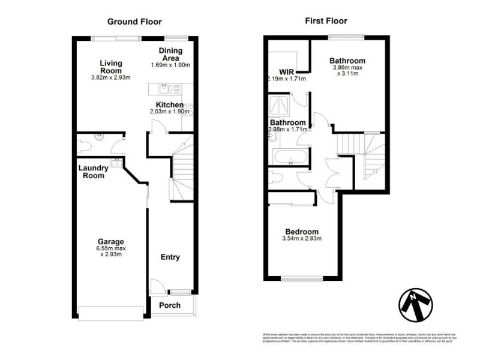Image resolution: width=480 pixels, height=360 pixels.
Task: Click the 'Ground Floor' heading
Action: point(134,22)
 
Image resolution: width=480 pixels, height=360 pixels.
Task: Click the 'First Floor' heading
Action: point(325,22)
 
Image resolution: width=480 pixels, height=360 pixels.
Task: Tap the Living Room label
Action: point(111,67)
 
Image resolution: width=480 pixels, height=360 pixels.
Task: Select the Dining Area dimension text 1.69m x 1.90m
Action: point(170,65)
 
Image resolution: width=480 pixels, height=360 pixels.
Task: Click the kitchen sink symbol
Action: point(164,90)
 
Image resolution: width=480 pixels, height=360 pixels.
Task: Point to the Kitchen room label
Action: point(170,105)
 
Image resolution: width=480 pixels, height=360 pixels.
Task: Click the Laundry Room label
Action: point(92,172)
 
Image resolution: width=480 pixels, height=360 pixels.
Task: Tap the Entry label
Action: point(170,257)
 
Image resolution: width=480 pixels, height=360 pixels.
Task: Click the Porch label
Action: point(170,305)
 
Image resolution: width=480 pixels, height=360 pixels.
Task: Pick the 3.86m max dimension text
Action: point(347,68)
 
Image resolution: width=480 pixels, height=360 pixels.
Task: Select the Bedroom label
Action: point(302,232)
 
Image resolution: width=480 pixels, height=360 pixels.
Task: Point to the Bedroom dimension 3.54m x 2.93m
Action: point(302,239)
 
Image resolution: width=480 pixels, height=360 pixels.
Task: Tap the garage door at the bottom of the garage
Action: point(111,313)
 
